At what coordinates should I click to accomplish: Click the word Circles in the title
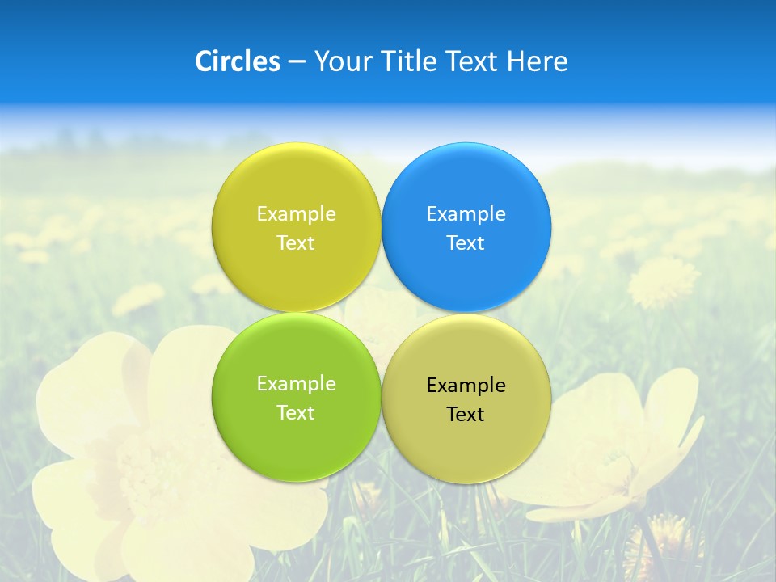click(x=237, y=61)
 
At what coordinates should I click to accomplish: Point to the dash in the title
click(x=297, y=62)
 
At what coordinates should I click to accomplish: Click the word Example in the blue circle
click(x=466, y=214)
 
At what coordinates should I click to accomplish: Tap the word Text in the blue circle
click(x=466, y=243)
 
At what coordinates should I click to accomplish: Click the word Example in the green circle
click(x=296, y=384)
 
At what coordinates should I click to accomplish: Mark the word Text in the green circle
click(x=296, y=413)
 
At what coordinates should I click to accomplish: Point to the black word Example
click(x=466, y=386)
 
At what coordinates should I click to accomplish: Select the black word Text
click(x=466, y=415)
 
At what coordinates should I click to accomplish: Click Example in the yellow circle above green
click(x=296, y=214)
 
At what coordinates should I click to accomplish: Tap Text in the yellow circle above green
click(x=296, y=243)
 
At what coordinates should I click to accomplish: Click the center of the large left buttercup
click(x=162, y=469)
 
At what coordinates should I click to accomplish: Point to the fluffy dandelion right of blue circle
click(x=663, y=281)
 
